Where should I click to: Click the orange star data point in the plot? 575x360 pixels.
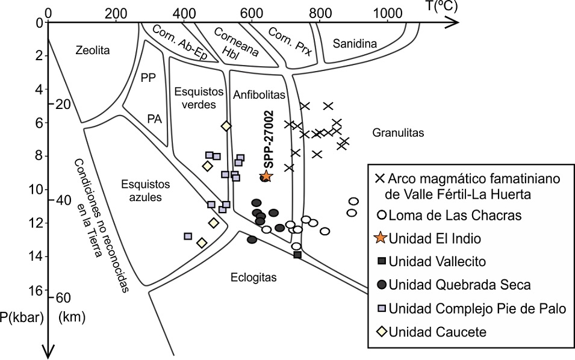point(266,176)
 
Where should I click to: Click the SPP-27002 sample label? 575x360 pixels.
point(269,139)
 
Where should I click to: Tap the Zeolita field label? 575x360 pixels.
point(93,51)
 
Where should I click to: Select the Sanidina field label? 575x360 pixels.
point(354,43)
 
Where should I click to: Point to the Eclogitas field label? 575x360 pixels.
point(253,278)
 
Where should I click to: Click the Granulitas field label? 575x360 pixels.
point(398,132)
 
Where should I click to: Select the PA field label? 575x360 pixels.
point(155,119)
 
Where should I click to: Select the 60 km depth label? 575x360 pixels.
point(64,298)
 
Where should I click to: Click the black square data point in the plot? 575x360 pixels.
point(297,255)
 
